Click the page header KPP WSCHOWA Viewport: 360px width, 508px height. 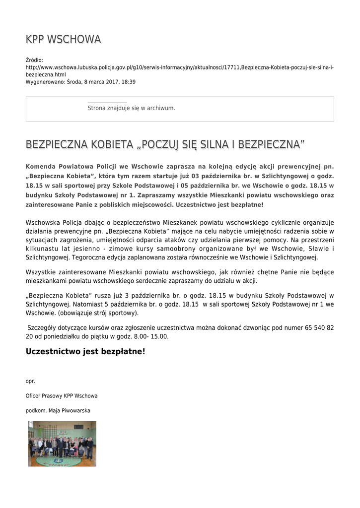pyautogui.click(x=63, y=39)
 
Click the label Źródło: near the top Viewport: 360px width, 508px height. pyautogui.click(x=34, y=60)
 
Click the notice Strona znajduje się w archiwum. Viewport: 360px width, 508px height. pyautogui.click(x=131, y=108)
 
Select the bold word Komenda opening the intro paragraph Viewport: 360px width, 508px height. pyautogui.click(x=43, y=166)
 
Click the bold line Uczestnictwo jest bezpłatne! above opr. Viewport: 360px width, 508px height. pyautogui.click(x=85, y=352)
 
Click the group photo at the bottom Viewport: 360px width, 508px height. pyautogui.click(x=62, y=444)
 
